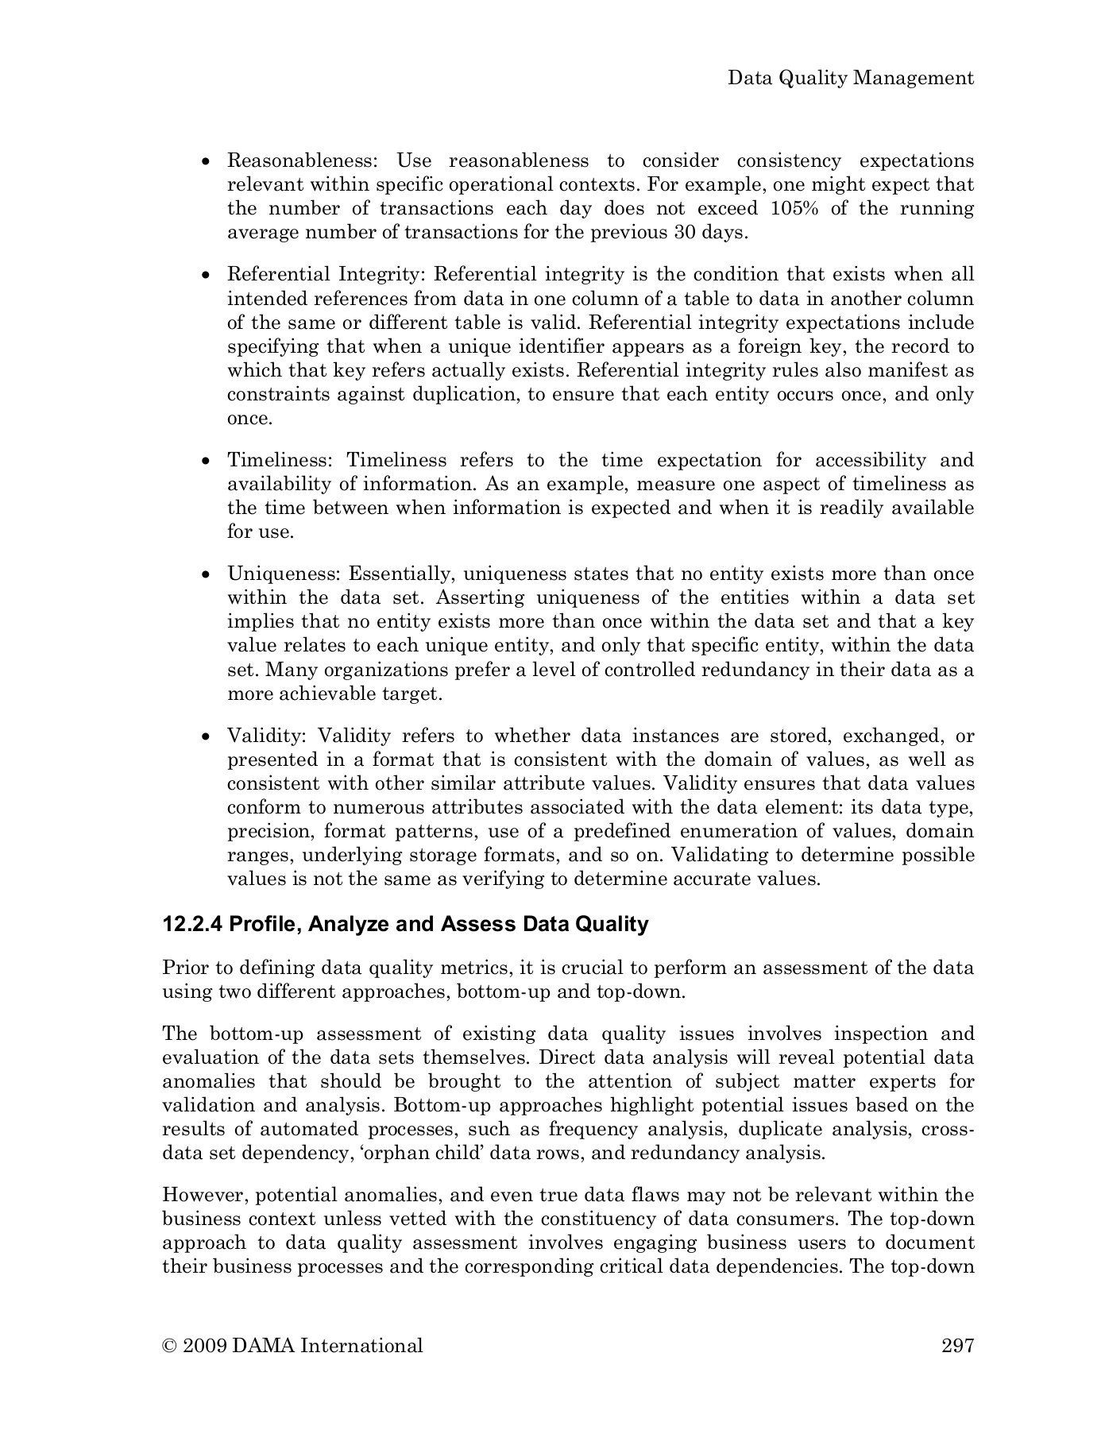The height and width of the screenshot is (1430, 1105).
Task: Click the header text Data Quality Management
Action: pyautogui.click(x=851, y=78)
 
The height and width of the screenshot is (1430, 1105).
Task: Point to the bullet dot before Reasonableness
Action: pyautogui.click(x=207, y=161)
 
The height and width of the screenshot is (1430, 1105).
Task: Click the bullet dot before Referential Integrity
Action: pyautogui.click(x=207, y=276)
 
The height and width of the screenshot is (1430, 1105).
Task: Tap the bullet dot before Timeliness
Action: pyautogui.click(x=207, y=462)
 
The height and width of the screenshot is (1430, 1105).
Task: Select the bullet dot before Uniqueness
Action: pyautogui.click(x=207, y=575)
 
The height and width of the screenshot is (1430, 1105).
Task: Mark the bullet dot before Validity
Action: pyautogui.click(x=207, y=737)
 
